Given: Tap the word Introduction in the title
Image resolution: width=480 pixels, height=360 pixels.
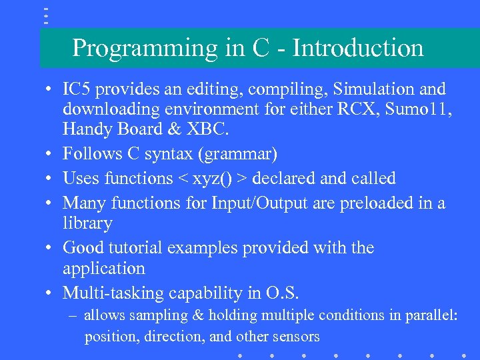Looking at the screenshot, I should pyautogui.click(x=358, y=48).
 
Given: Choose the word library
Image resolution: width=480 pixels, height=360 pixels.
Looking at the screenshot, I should pyautogui.click(x=87, y=223).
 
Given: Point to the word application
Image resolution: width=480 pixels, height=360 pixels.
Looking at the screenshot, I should pyautogui.click(x=103, y=269).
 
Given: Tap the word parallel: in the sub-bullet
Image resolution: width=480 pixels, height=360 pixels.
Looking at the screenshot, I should pyautogui.click(x=433, y=315).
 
